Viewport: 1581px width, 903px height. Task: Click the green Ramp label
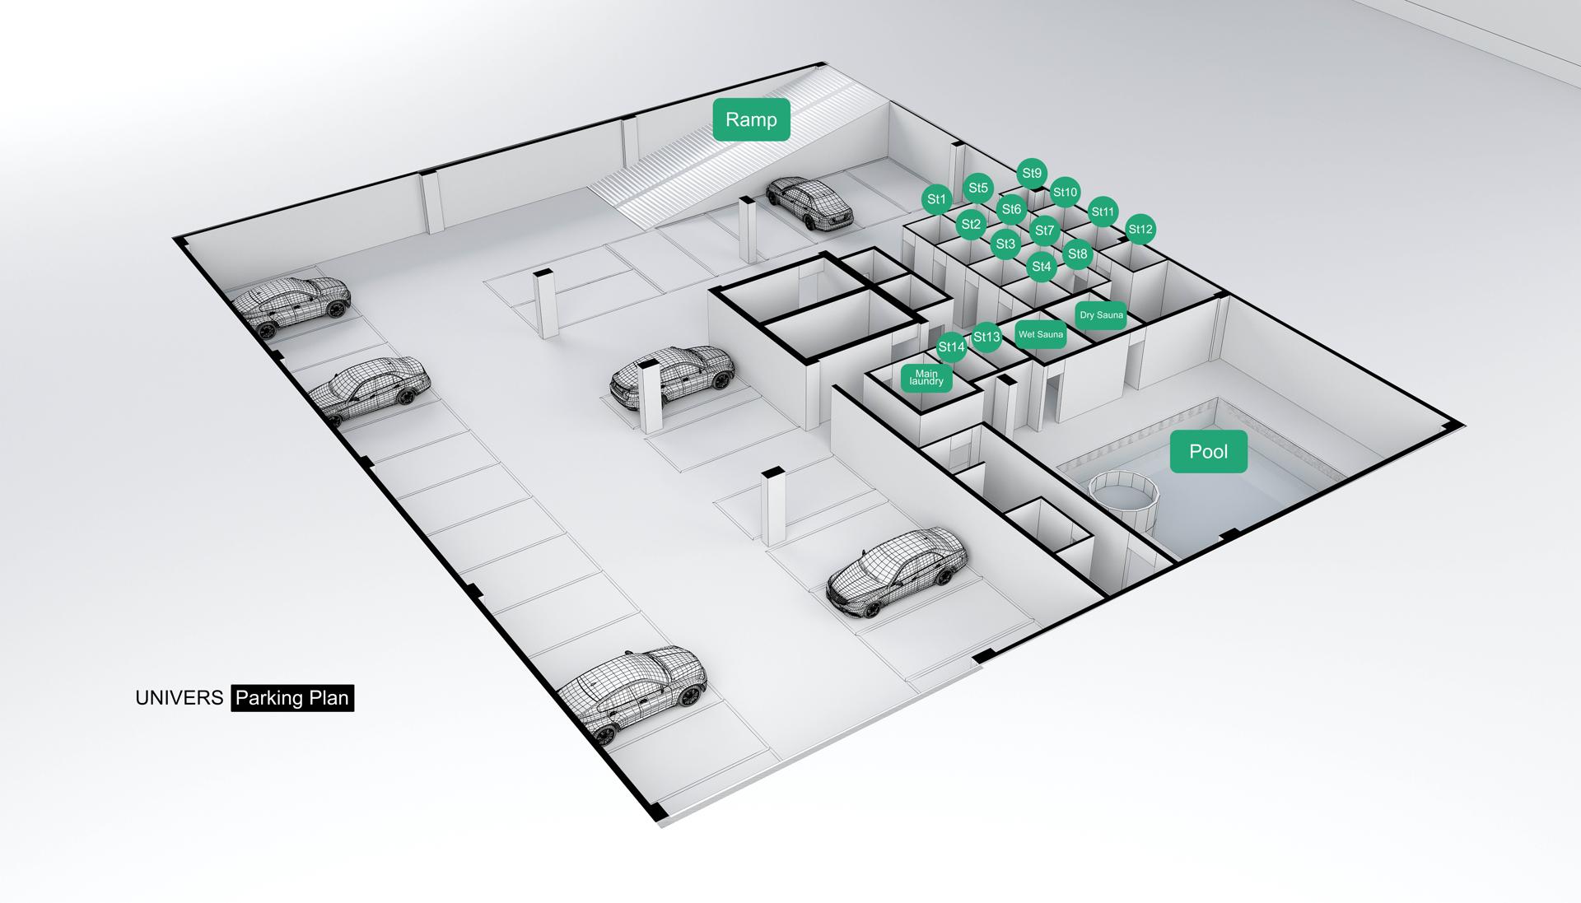pos(751,119)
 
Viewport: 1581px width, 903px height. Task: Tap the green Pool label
pos(1209,451)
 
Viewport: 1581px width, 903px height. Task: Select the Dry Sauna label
pos(1101,315)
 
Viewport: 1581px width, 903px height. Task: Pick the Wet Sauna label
pos(1041,334)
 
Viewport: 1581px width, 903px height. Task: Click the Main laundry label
pos(926,378)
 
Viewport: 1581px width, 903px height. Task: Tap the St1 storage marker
pos(937,199)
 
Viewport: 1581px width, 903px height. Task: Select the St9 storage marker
pos(1032,174)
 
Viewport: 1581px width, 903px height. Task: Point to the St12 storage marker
pos(1140,230)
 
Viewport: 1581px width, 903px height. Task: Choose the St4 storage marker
pos(1042,267)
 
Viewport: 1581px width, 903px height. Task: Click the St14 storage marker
pos(951,347)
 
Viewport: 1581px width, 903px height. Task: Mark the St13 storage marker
pos(986,337)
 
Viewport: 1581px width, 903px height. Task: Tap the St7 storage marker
pos(1044,230)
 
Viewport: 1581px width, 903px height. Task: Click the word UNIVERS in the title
pos(180,698)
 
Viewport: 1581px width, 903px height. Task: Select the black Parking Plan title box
pos(292,698)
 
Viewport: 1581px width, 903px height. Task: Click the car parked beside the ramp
pos(809,202)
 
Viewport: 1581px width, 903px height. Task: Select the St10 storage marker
pos(1065,193)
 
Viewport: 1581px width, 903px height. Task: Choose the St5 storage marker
pos(978,189)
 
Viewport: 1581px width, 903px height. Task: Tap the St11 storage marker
pos(1103,212)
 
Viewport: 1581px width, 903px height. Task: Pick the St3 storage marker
pos(1005,244)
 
